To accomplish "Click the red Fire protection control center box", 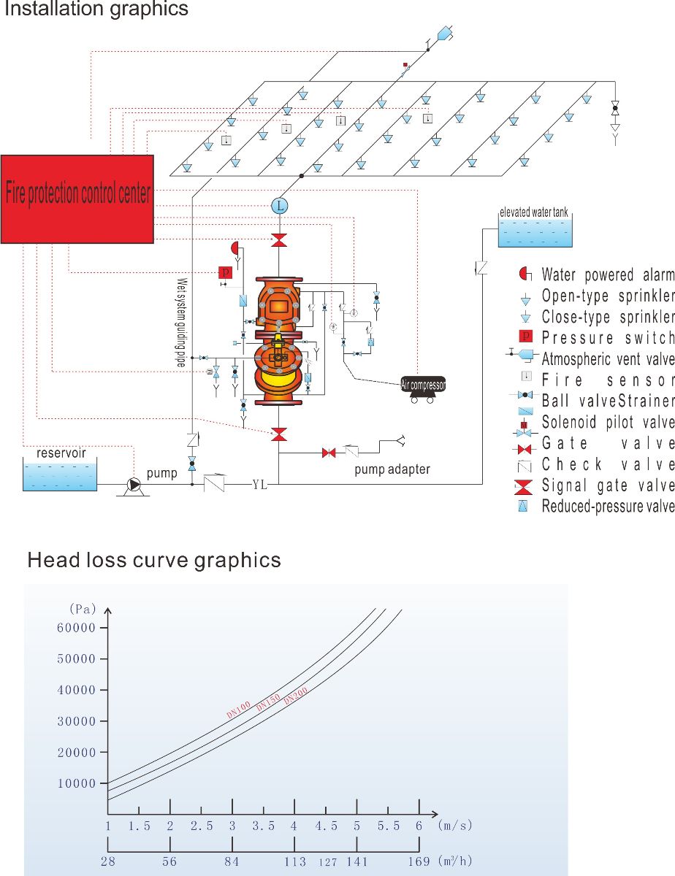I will point(77,199).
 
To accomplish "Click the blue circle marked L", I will point(279,207).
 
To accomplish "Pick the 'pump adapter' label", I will point(392,469).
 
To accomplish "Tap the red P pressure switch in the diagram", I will point(225,272).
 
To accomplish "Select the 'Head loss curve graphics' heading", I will point(154,560).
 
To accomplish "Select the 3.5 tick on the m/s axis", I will point(264,826).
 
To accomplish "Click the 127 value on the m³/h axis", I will point(327,862).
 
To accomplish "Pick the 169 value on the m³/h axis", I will point(419,861).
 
